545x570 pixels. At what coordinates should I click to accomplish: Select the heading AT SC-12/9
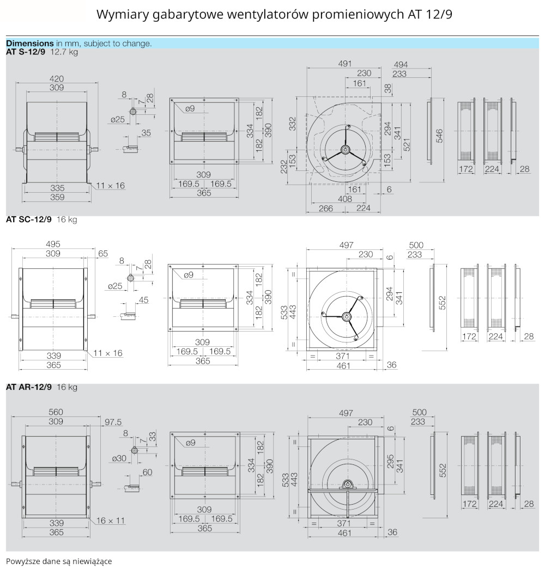29,220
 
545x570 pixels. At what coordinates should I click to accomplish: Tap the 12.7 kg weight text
64,52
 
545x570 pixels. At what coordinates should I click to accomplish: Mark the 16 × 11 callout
111,520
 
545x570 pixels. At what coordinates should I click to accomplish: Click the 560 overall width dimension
56,412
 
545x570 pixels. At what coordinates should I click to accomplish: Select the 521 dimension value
407,142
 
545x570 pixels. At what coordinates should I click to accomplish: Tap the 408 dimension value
344,199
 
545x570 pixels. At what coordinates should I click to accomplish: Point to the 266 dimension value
326,208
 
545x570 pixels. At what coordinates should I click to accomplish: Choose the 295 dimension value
390,462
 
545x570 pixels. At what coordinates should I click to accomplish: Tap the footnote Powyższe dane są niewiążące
59,561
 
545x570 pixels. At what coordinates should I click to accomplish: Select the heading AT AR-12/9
29,388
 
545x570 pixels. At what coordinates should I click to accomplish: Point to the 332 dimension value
292,124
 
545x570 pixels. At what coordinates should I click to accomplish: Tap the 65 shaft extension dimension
103,254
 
